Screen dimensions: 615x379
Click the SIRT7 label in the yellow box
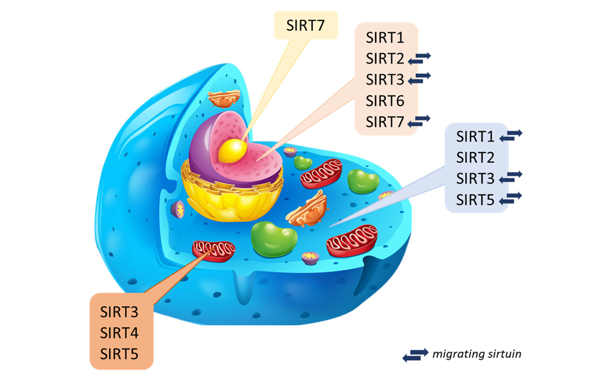tap(305, 25)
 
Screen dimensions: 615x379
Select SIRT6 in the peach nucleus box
tap(385, 101)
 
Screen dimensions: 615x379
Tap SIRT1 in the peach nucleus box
tap(385, 37)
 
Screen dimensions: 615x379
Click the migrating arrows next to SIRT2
tap(419, 58)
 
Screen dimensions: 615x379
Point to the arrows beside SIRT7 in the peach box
tap(419, 121)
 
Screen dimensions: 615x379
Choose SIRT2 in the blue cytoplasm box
tap(475, 157)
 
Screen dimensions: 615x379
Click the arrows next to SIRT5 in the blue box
tap(510, 198)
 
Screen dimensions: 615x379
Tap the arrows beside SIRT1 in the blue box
tap(510, 136)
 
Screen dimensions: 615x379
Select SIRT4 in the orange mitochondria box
tap(119, 333)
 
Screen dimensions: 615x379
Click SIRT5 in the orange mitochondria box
tap(119, 354)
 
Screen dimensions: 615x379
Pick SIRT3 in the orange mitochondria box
tap(119, 312)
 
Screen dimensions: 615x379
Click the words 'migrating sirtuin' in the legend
tap(477, 354)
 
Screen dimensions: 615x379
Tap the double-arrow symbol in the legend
tap(416, 355)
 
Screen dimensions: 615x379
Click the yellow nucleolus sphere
tap(232, 151)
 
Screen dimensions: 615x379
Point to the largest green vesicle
tap(274, 239)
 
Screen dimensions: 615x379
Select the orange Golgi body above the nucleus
tap(224, 98)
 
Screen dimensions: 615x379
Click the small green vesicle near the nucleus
tap(303, 163)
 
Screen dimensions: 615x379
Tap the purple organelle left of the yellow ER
tap(178, 209)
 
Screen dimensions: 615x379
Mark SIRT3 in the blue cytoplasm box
tap(475, 178)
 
